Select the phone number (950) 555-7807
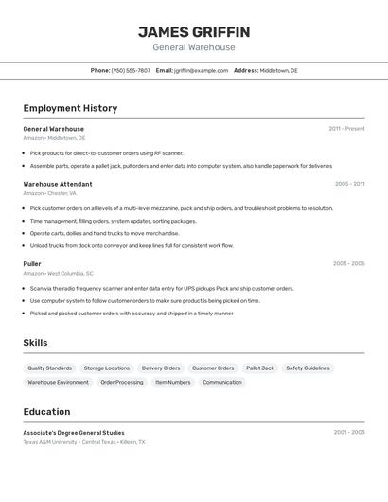coord(131,70)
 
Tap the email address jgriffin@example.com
coord(201,70)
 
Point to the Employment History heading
coord(70,108)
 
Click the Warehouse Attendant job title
coord(58,184)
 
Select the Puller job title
coord(32,263)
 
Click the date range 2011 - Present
coord(346,129)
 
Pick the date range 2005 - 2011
coord(349,184)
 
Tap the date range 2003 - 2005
coord(348,263)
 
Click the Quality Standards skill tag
coord(49,368)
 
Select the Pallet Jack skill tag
coord(260,368)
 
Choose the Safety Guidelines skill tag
coord(308,368)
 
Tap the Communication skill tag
coord(222,382)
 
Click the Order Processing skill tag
coord(122,382)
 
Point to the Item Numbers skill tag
coord(173,382)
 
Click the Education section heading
coord(46,412)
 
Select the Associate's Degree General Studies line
coord(74,433)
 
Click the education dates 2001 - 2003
coord(348,433)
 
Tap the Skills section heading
coord(35,343)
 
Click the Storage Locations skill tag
coord(107,368)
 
